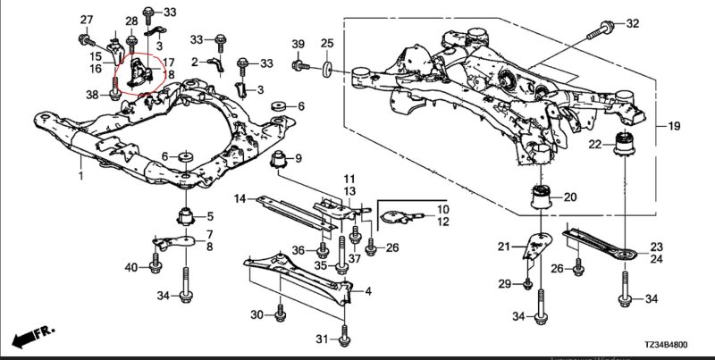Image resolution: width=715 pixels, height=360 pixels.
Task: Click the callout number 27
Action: tap(86, 20)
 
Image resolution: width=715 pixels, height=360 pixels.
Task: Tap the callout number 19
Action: tap(674, 127)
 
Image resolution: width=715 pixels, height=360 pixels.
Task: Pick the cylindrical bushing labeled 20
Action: tap(542, 196)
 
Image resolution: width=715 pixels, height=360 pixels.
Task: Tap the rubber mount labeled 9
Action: tap(279, 162)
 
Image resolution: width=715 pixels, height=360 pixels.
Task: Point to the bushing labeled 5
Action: tap(186, 215)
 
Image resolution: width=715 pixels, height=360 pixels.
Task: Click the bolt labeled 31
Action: tap(344, 338)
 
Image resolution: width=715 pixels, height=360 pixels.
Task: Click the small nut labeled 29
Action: tap(528, 284)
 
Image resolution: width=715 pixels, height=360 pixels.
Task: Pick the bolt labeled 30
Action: tap(281, 314)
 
